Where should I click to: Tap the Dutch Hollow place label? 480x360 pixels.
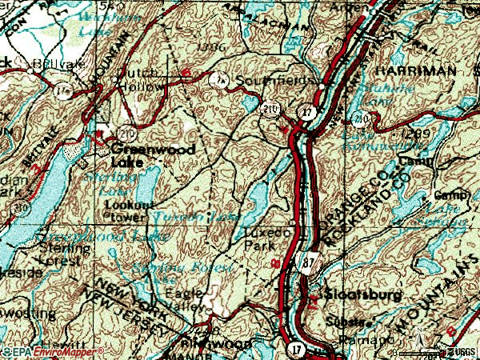[x=141, y=78]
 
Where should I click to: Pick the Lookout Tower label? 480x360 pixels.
[x=126, y=210]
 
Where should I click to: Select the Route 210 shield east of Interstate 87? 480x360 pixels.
[x=362, y=121]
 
